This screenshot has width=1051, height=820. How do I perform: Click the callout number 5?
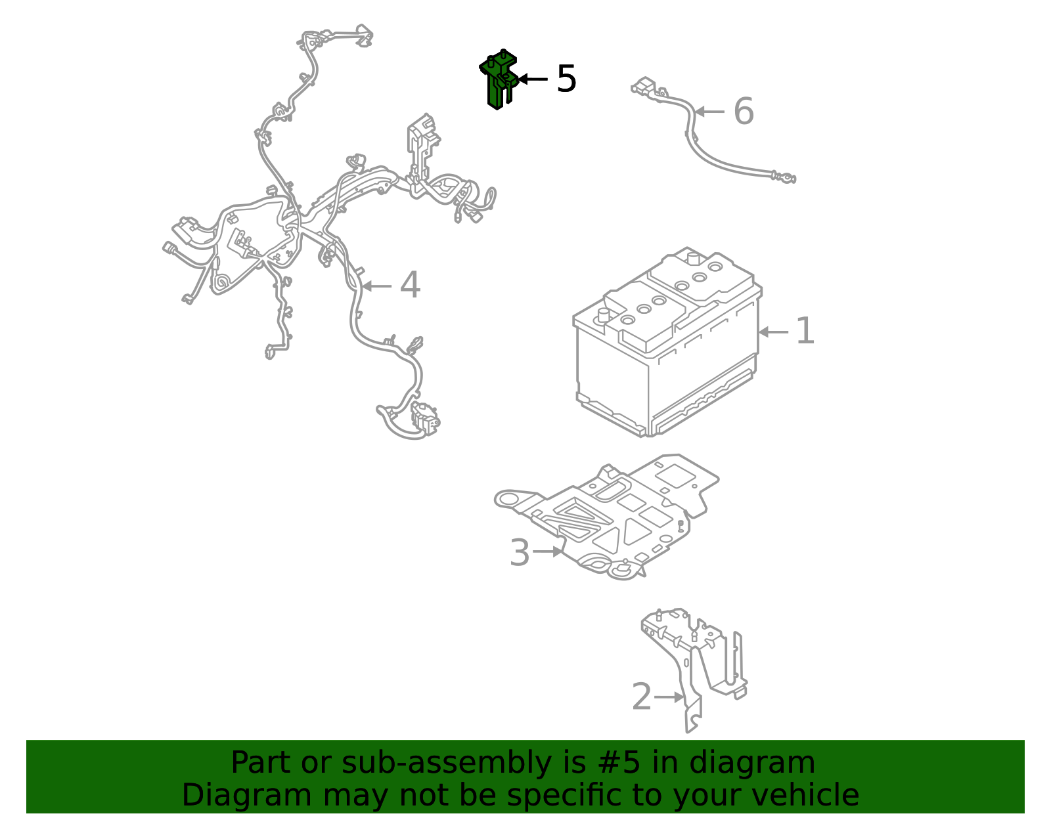566,79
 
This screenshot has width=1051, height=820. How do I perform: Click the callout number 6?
744,111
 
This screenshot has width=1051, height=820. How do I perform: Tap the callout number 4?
410,285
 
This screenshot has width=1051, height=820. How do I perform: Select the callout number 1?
805,330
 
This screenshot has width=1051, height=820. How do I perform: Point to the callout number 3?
520,552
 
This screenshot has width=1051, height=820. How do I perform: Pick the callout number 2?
642,697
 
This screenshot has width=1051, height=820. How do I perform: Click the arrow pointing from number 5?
533,79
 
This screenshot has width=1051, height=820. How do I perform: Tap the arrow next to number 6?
709,112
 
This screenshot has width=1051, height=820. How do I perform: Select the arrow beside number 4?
376,286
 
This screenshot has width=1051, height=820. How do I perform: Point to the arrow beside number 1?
773,332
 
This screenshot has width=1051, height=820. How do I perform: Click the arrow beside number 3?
548,551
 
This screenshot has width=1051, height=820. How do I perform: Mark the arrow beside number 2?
669,697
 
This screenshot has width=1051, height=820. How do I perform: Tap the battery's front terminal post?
604,315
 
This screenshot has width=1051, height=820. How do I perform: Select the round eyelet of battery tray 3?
506,499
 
